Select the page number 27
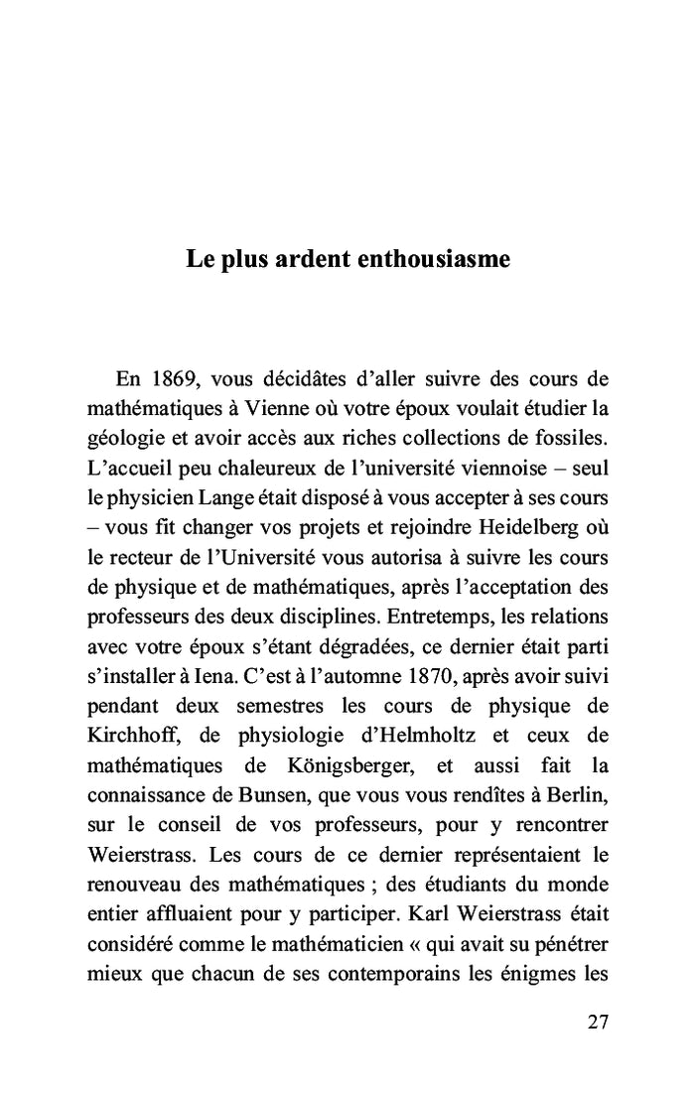598,1023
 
